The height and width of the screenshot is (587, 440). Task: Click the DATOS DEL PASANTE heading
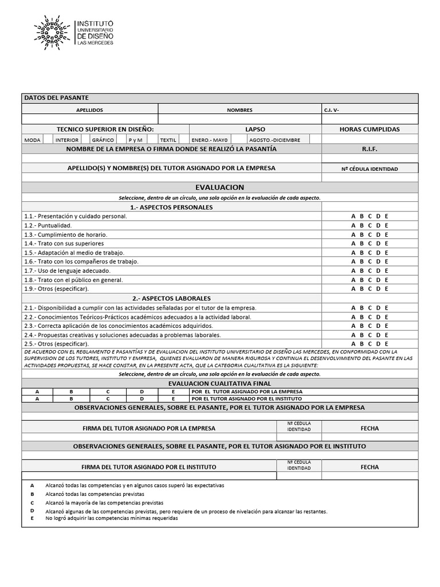pos(56,98)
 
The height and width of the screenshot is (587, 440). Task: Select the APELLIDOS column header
pos(89,110)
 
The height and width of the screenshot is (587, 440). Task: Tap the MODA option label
pos(33,140)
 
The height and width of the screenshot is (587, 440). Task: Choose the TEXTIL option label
pos(168,140)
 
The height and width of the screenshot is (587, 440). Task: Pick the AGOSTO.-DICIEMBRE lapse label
pos(274,140)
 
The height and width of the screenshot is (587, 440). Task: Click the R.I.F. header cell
pos(370,149)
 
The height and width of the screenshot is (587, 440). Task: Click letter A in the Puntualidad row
pos(353,225)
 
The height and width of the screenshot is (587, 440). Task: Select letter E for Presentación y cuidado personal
pos(387,216)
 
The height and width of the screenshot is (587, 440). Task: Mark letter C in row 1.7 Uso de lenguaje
pos(370,271)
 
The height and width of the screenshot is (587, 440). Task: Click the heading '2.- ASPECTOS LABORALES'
pos(171,299)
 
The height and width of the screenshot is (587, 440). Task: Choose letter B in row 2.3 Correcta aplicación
pos(362,326)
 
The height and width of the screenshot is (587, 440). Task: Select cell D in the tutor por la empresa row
pos(142,392)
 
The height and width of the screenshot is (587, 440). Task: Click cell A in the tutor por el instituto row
pos(37,398)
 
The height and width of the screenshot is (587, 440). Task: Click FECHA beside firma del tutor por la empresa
pos(370,428)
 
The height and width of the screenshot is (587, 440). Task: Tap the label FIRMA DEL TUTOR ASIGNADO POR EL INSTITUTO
pos(149,467)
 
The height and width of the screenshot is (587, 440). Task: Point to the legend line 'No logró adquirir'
pos(112,518)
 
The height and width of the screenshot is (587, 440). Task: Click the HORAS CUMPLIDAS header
pos(370,130)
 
